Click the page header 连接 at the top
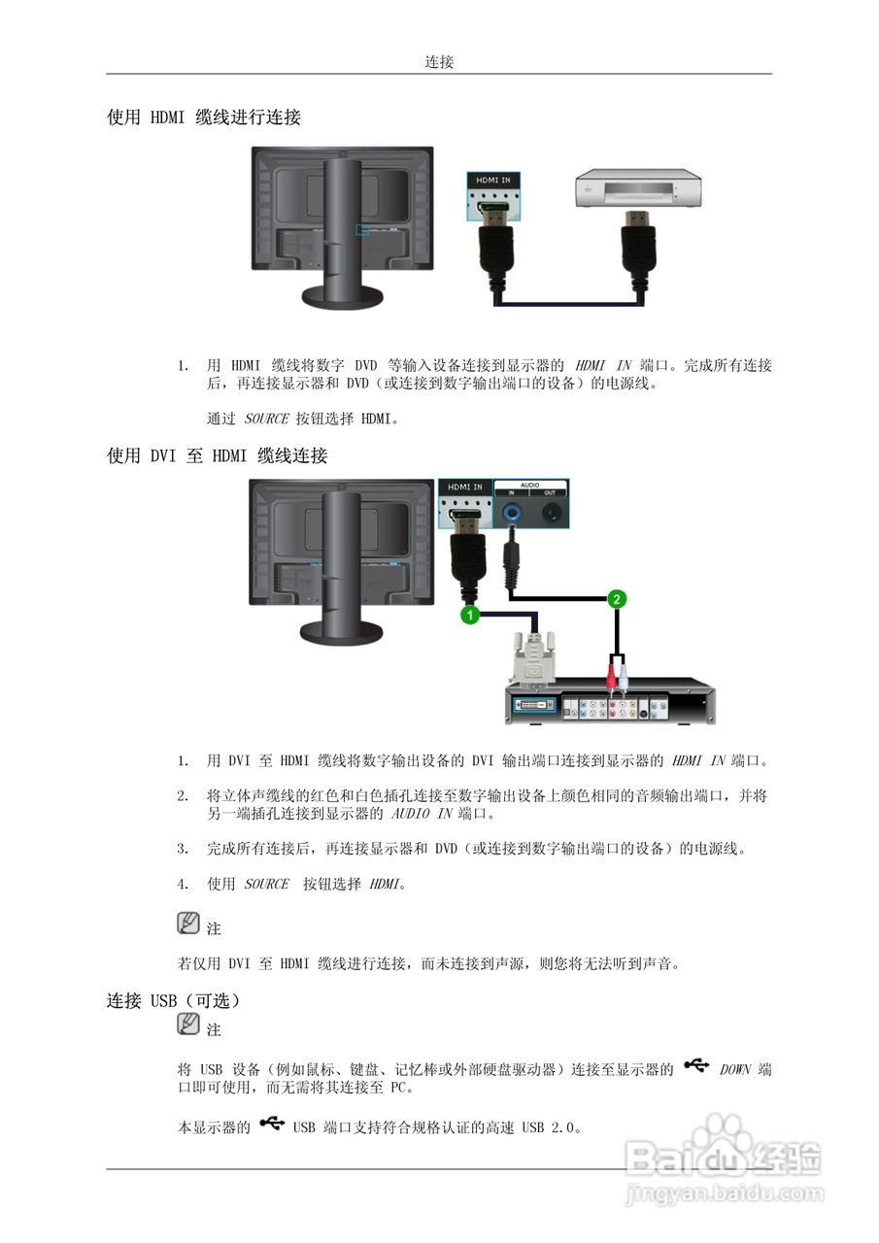[x=439, y=62]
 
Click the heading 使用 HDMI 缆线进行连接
[x=204, y=118]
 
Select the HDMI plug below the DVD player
[x=638, y=254]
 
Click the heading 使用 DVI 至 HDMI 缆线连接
[x=217, y=456]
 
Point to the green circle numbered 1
[x=469, y=615]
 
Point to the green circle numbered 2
[x=615, y=599]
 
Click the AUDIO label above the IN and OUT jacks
[x=530, y=483]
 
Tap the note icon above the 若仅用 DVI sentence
[x=187, y=924]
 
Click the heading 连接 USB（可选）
[x=173, y=1000]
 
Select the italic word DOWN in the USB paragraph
[x=735, y=1069]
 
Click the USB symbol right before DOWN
[x=696, y=1066]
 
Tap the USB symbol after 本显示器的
[x=271, y=1125]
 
